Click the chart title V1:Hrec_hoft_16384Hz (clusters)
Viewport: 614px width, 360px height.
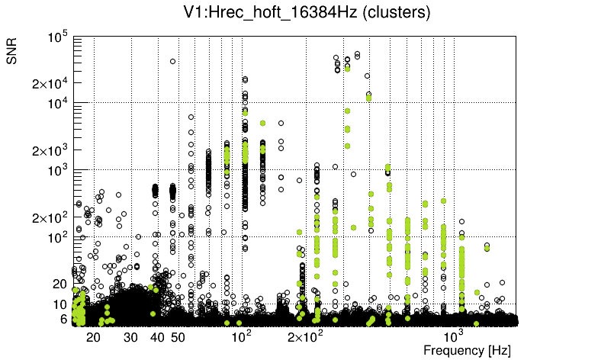click(307, 12)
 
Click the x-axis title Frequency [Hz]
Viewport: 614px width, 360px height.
click(467, 350)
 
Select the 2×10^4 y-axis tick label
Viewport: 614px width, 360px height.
click(51, 84)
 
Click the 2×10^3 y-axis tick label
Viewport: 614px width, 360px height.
click(51, 150)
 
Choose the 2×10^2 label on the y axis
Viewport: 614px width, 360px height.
click(51, 217)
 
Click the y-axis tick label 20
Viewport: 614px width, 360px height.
click(60, 284)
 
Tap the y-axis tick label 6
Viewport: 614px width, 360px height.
click(64, 319)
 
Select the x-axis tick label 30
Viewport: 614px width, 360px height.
click(131, 336)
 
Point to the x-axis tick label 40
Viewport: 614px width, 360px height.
click(158, 336)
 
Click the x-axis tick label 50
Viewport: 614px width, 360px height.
click(178, 336)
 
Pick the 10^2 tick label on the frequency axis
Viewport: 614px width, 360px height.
click(241, 336)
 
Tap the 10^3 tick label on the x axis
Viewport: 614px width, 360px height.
click(455, 336)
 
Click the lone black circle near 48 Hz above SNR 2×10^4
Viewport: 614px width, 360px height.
click(173, 61)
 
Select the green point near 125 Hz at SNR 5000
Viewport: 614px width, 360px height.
click(262, 123)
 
